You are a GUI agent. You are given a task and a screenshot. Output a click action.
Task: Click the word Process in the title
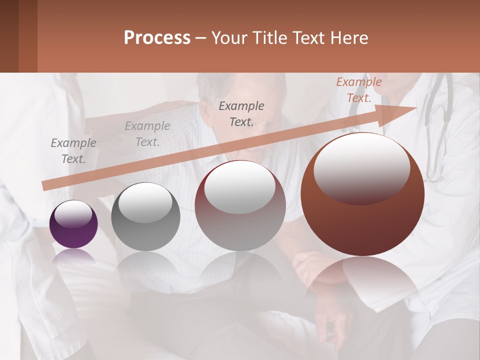[157, 38]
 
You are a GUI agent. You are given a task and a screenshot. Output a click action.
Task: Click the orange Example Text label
[358, 90]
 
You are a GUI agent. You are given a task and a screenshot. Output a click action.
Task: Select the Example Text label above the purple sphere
[73, 150]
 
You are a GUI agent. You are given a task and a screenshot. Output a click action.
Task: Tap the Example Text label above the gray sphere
[147, 134]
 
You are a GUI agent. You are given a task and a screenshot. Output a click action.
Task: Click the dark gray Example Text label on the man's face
[241, 113]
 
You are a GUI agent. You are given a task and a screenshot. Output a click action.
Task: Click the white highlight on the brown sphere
[361, 167]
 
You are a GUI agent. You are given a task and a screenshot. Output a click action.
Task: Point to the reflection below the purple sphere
[73, 258]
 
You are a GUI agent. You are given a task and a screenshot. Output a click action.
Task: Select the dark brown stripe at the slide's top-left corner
[9, 36]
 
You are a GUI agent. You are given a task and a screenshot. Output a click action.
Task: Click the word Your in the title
[231, 38]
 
